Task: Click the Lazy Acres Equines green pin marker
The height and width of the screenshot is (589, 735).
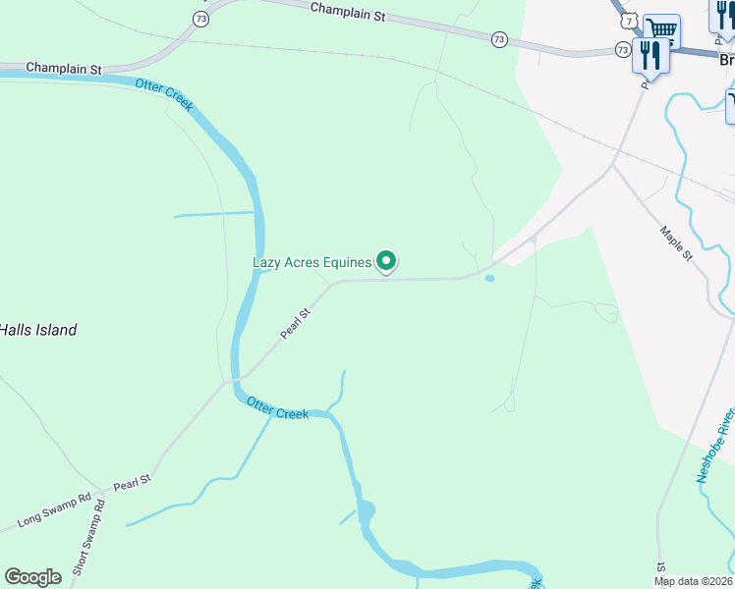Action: pyautogui.click(x=386, y=260)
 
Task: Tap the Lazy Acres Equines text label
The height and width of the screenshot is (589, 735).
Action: pyautogui.click(x=312, y=262)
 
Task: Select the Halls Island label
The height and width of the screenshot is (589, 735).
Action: pyautogui.click(x=37, y=330)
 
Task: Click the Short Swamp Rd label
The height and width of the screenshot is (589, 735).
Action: pyautogui.click(x=87, y=539)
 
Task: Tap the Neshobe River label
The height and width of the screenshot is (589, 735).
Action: pyautogui.click(x=715, y=446)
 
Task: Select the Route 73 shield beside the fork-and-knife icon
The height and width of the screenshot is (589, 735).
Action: pyautogui.click(x=623, y=48)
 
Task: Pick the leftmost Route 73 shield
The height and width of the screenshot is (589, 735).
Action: pyautogui.click(x=201, y=18)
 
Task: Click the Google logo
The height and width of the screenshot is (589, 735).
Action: pyautogui.click(x=33, y=577)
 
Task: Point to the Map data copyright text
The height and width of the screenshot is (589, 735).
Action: pyautogui.click(x=694, y=581)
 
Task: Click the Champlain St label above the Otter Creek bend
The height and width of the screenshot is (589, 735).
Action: pyautogui.click(x=64, y=69)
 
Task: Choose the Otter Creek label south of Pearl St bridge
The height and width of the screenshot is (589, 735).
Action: pyautogui.click(x=277, y=407)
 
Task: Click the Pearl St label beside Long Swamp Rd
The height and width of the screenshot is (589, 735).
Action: pyautogui.click(x=132, y=483)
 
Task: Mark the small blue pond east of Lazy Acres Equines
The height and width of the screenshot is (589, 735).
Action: pyautogui.click(x=489, y=278)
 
